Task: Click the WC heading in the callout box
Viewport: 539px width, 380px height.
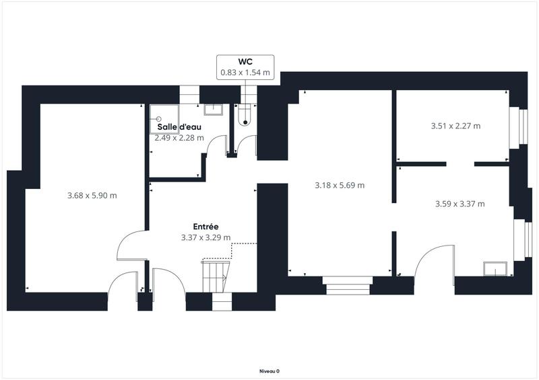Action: (x=245, y=61)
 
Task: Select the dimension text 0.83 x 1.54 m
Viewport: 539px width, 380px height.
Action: (x=245, y=72)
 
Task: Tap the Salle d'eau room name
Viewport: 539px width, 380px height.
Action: (x=180, y=126)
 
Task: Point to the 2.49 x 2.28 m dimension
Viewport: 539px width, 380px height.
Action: (x=179, y=137)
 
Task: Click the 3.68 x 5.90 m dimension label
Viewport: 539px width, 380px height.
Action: (x=92, y=196)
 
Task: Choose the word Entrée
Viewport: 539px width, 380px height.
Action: (x=205, y=227)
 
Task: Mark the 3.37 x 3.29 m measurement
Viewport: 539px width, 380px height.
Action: (x=205, y=237)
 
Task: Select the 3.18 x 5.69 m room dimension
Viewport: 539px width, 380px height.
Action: (x=340, y=185)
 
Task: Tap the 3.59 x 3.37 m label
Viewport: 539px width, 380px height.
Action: (x=460, y=203)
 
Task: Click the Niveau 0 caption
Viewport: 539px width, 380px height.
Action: (x=269, y=371)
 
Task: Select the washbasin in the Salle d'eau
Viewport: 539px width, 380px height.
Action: (x=213, y=108)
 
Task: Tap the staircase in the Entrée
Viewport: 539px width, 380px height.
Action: (x=216, y=276)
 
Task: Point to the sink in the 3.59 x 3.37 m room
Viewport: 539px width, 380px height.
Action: (x=494, y=268)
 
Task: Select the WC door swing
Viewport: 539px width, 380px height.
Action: (x=248, y=145)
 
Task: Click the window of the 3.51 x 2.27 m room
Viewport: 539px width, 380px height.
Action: (x=523, y=127)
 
